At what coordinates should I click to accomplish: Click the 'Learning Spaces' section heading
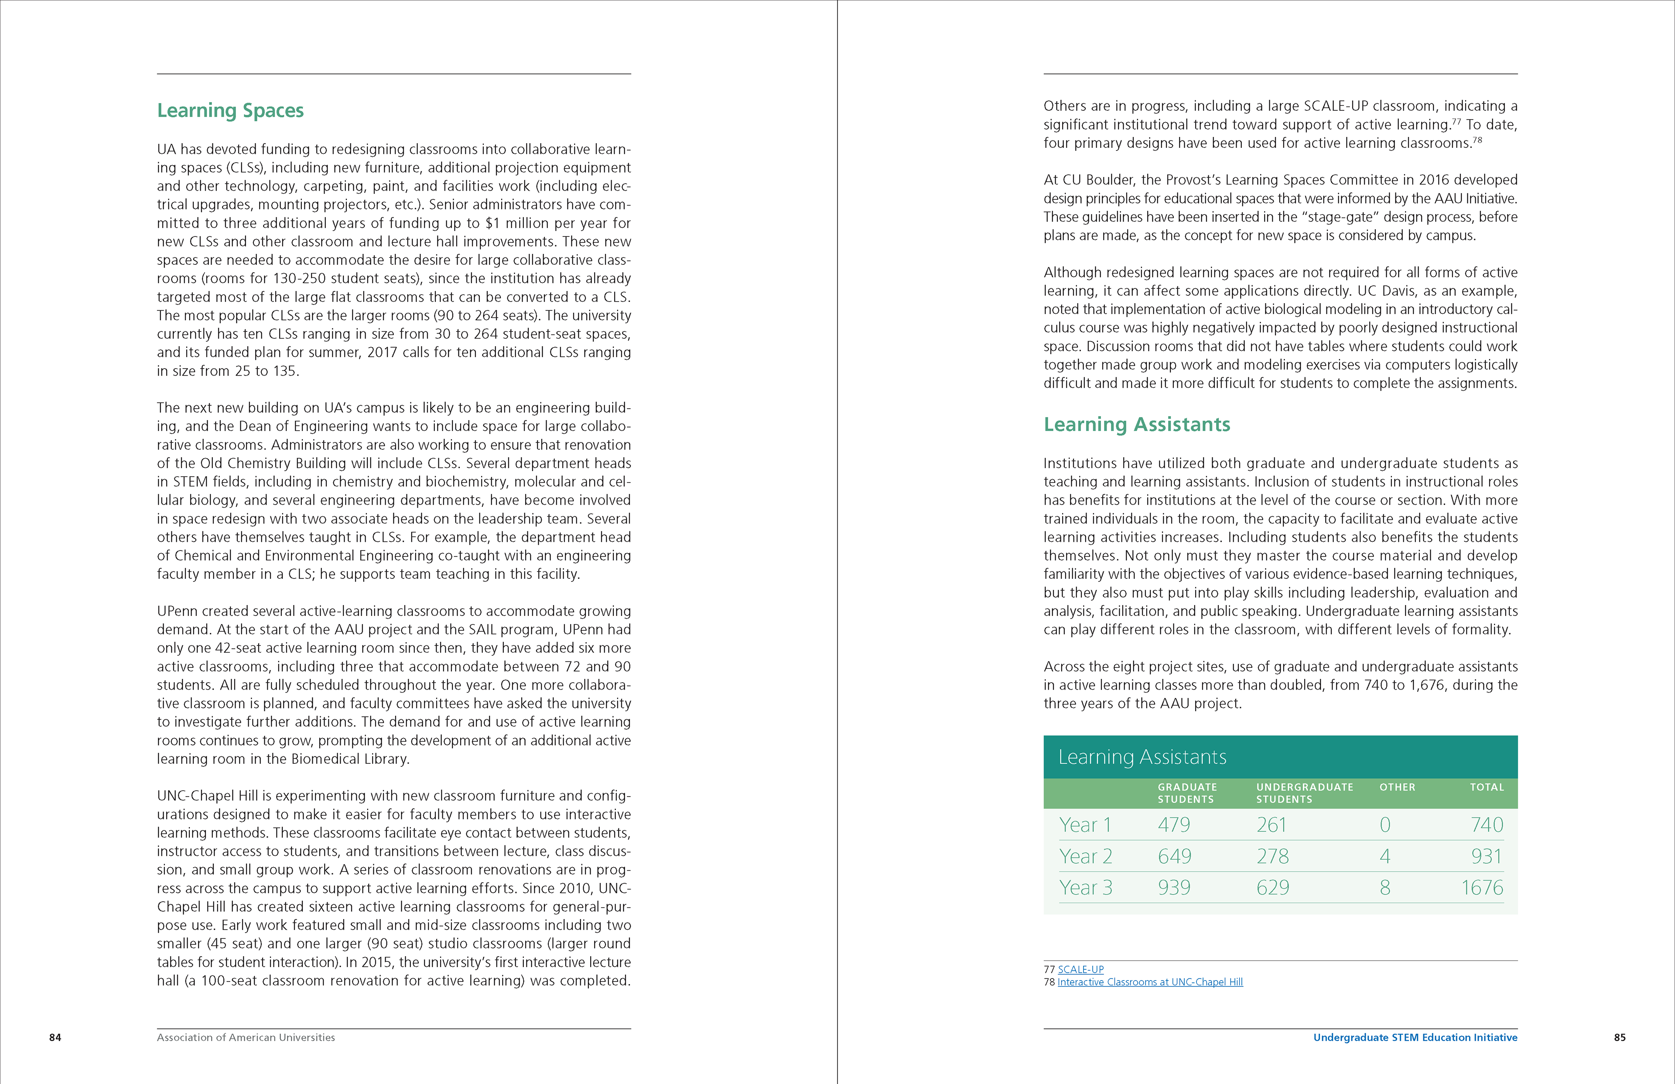tap(230, 110)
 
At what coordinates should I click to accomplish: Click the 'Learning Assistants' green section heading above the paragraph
tap(1137, 424)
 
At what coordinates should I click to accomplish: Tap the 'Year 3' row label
tap(1085, 888)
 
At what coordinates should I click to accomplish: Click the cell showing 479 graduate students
tap(1173, 825)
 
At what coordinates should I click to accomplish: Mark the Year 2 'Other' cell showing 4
tap(1384, 857)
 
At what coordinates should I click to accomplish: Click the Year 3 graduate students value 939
tap(1173, 888)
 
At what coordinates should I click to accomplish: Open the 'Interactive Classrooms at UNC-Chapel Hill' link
tap(1149, 982)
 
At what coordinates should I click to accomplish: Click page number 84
tap(55, 1037)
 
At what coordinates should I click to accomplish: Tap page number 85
tap(1620, 1037)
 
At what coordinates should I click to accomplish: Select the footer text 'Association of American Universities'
tap(246, 1037)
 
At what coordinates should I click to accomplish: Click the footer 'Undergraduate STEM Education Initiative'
tap(1415, 1037)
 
